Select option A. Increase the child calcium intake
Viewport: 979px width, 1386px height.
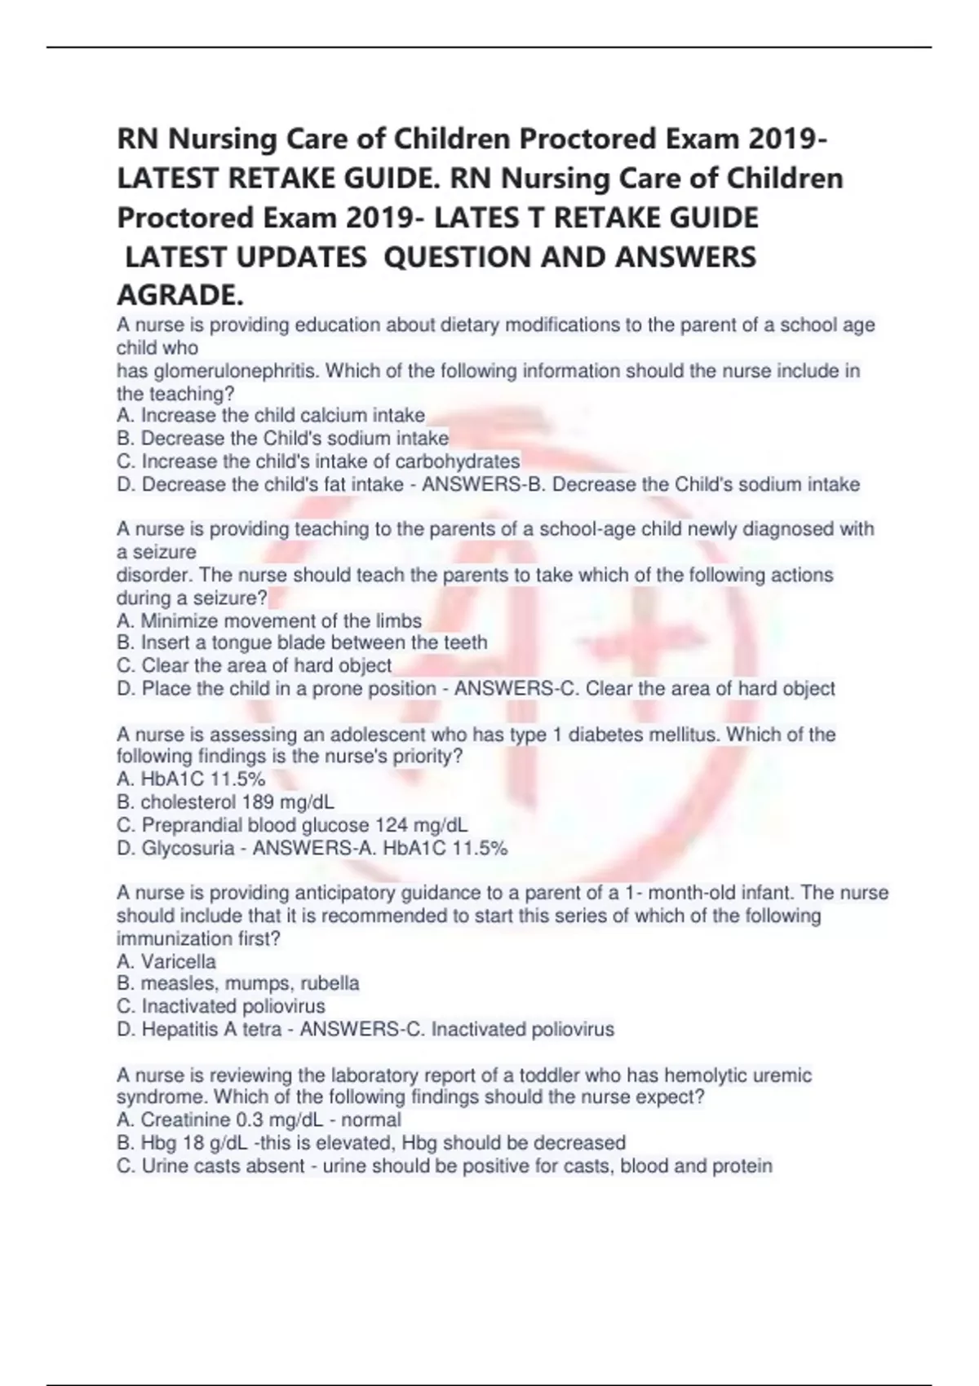pos(271,416)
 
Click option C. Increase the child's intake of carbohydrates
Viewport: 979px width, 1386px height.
pos(318,461)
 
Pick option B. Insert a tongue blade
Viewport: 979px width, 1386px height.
pos(302,643)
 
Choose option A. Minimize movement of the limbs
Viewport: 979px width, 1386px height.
pos(269,621)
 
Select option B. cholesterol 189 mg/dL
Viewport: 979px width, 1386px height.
pos(225,802)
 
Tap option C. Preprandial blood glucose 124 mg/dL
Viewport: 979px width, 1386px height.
pos(292,825)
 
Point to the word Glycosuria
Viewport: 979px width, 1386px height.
pos(188,849)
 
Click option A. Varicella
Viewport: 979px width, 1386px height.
pos(166,962)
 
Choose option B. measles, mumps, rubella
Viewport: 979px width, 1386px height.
pos(237,984)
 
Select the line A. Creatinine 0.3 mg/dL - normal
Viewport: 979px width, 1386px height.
pos(259,1120)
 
